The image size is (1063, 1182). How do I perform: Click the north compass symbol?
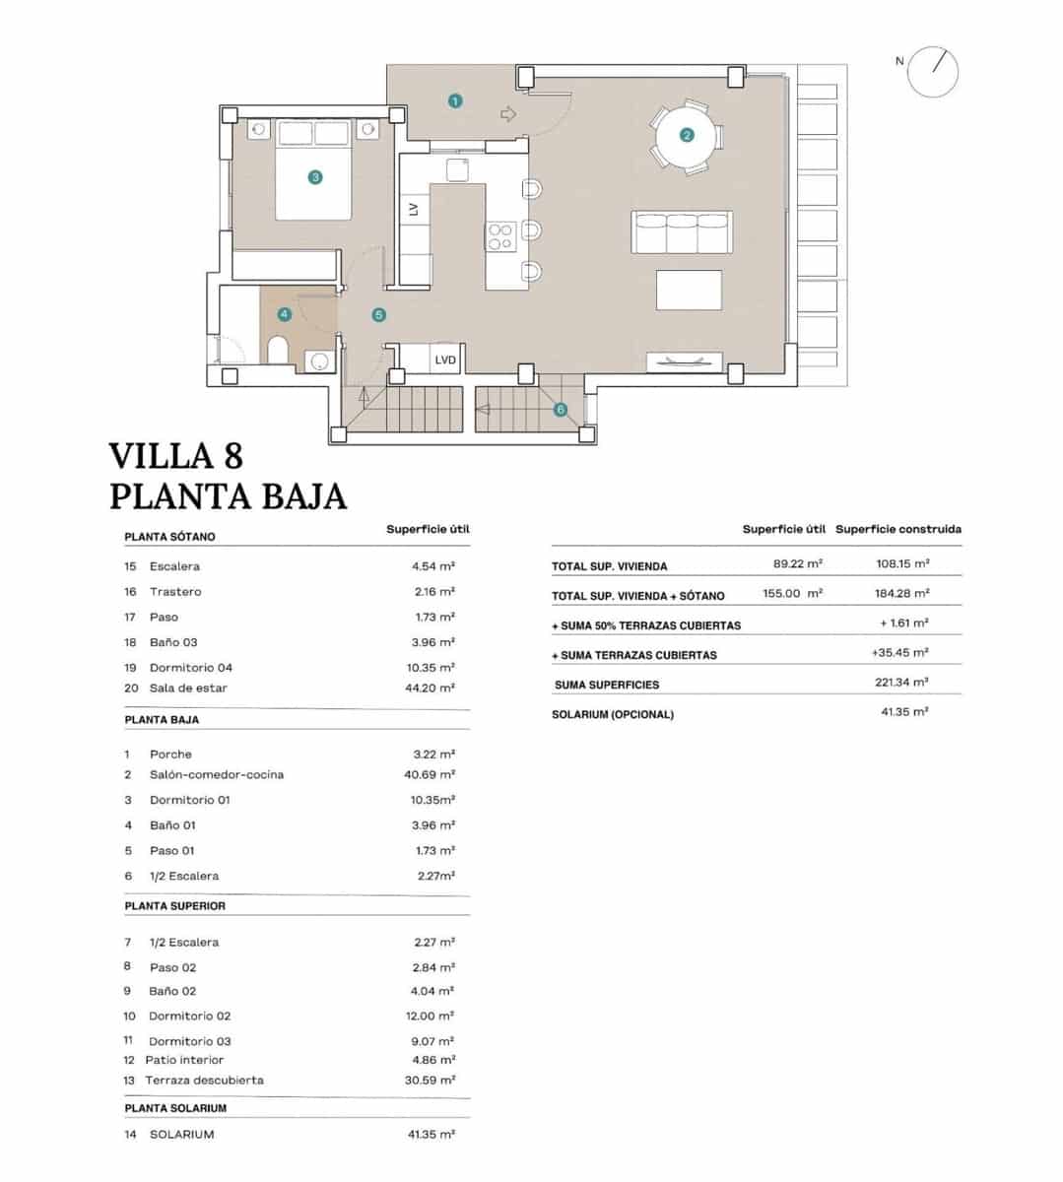932,71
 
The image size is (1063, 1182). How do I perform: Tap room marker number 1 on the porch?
454,100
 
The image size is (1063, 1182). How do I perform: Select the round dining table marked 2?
687,136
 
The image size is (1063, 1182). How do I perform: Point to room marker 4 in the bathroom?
284,314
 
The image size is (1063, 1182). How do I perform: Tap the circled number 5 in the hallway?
378,315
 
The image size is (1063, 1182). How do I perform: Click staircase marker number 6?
560,410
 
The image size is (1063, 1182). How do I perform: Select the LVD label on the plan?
445,361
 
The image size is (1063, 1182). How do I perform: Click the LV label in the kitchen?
414,209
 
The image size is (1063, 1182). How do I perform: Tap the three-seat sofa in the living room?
682,233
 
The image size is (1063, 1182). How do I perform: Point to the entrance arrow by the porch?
508,114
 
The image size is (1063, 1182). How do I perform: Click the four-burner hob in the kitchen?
500,234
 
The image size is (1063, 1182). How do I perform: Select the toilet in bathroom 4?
277,350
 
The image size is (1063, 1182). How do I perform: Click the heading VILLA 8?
175,456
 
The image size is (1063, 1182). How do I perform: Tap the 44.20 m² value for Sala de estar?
433,689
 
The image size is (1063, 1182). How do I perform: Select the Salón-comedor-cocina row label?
217,775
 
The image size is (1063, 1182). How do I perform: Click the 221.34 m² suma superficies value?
900,683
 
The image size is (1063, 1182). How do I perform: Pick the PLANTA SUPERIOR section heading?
174,906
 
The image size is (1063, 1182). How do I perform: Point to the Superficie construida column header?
897,530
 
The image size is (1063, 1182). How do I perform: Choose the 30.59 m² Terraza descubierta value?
433,1081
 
